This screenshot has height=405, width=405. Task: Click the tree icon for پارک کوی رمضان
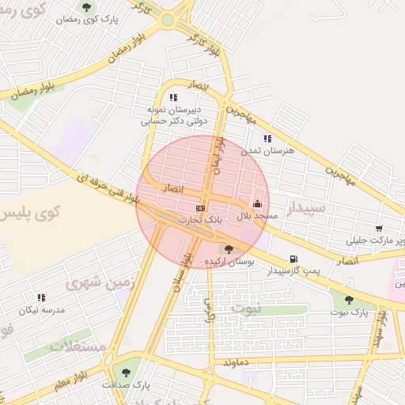click(x=86, y=7)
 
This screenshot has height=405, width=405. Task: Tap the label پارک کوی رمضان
click(x=85, y=18)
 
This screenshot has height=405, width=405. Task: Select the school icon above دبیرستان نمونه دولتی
click(x=173, y=98)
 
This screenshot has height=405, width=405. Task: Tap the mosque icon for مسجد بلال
click(x=256, y=203)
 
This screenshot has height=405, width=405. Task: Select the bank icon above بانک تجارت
click(x=200, y=208)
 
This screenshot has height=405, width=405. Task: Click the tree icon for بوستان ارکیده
click(x=229, y=249)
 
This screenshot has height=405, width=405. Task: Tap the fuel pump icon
click(x=293, y=259)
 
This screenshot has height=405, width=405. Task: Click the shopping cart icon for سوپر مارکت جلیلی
click(x=380, y=229)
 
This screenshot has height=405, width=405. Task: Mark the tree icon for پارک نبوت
click(x=349, y=300)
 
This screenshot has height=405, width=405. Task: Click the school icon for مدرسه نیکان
click(x=41, y=297)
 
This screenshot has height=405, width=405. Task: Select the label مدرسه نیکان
click(x=42, y=309)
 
